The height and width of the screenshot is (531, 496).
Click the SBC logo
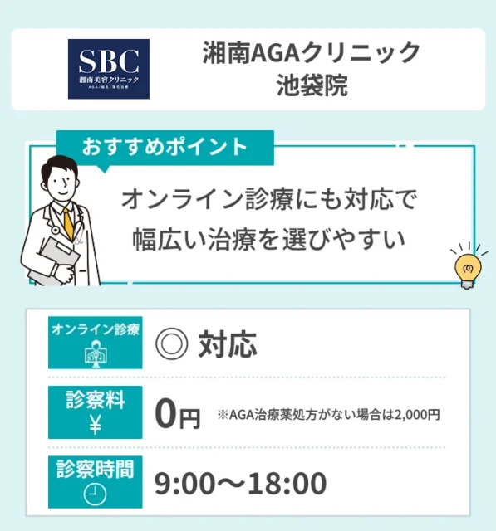pyautogui.click(x=108, y=69)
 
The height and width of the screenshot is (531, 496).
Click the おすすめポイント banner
pyautogui.click(x=164, y=147)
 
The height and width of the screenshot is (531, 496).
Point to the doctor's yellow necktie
pyautogui.click(x=67, y=222)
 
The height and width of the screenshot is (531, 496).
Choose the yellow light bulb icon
pyautogui.click(x=466, y=266)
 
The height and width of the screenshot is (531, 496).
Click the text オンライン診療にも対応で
pyautogui.click(x=268, y=200)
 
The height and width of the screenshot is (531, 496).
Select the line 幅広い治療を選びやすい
pyautogui.click(x=268, y=240)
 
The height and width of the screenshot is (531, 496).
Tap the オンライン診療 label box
pyautogui.click(x=96, y=342)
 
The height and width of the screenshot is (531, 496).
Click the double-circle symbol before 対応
pyautogui.click(x=171, y=343)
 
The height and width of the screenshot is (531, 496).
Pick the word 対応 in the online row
pyautogui.click(x=227, y=343)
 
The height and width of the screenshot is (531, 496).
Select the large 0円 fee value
pyautogui.click(x=178, y=414)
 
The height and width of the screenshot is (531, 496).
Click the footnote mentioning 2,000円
pyautogui.click(x=328, y=415)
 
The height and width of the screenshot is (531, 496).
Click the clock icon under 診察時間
pyautogui.click(x=96, y=494)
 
